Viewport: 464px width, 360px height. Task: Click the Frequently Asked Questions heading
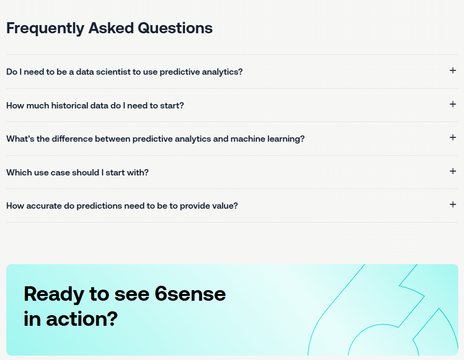pyautogui.click(x=109, y=28)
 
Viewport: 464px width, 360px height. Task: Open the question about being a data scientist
pyautogui.click(x=124, y=72)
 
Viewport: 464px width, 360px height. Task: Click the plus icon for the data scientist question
pyautogui.click(x=452, y=71)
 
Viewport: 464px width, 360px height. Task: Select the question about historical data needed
pyautogui.click(x=95, y=106)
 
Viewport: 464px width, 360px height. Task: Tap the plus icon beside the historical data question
pyautogui.click(x=452, y=104)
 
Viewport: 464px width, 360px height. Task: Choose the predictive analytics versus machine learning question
pyautogui.click(x=155, y=139)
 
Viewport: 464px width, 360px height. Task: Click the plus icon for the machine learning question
pyautogui.click(x=452, y=138)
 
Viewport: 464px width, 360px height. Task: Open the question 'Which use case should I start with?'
pyautogui.click(x=77, y=173)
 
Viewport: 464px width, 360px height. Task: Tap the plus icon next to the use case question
pyautogui.click(x=452, y=171)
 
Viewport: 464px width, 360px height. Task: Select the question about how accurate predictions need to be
pyautogui.click(x=122, y=206)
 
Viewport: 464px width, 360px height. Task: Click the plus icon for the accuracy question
pyautogui.click(x=452, y=204)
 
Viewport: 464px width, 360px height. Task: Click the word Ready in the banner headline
pyautogui.click(x=54, y=293)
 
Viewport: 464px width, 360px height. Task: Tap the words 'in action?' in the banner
pyautogui.click(x=70, y=319)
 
